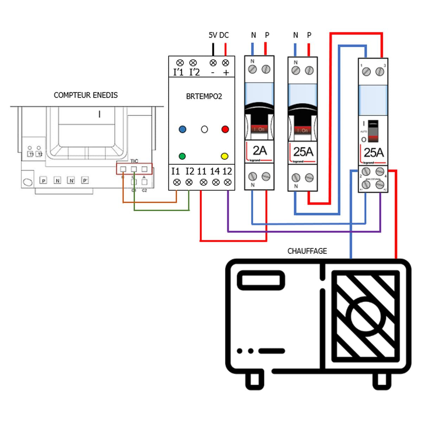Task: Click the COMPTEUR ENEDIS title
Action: click(85, 95)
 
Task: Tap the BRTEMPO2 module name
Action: click(204, 97)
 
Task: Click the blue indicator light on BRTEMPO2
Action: click(182, 129)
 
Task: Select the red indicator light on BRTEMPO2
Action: click(225, 129)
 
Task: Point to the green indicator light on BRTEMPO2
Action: click(182, 156)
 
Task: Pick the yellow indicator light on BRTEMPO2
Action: click(224, 156)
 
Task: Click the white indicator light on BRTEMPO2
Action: click(204, 129)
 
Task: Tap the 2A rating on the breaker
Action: click(260, 151)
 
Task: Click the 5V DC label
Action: click(218, 35)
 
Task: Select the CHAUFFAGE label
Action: click(307, 251)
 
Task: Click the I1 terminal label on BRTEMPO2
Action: click(175, 171)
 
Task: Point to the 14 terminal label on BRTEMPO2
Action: click(215, 171)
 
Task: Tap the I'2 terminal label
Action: click(194, 72)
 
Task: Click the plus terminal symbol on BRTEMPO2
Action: click(226, 72)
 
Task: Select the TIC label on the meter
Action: click(134, 161)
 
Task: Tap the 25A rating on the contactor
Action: click(373, 153)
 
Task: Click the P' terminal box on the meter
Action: click(85, 181)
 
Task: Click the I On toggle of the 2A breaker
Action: click(260, 129)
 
